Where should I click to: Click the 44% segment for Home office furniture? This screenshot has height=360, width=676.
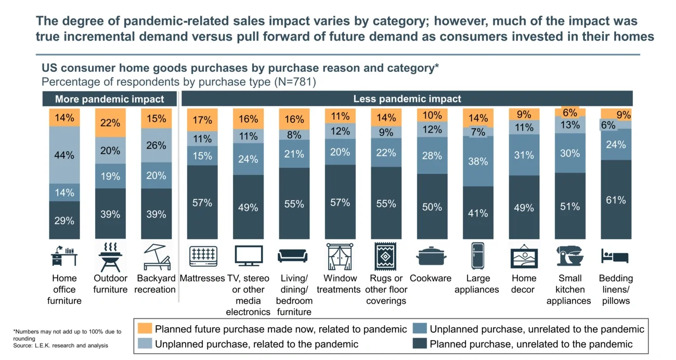pyautogui.click(x=64, y=155)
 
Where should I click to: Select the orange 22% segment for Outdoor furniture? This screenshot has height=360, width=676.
pyautogui.click(x=110, y=123)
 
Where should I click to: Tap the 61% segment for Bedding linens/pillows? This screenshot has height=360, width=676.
pyautogui.click(x=616, y=200)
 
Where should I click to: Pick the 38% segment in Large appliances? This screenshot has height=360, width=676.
pyautogui.click(x=478, y=161)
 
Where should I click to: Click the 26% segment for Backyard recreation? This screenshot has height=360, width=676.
pyautogui.click(x=156, y=145)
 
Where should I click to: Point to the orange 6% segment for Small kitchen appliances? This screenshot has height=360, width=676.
pyautogui.click(x=570, y=112)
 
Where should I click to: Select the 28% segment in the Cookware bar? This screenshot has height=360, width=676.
pyautogui.click(x=432, y=156)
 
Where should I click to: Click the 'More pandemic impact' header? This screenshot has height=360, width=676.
pyautogui.click(x=109, y=99)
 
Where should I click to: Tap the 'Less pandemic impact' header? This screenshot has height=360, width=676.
pyautogui.click(x=407, y=99)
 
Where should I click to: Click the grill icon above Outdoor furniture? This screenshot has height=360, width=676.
pyautogui.click(x=110, y=256)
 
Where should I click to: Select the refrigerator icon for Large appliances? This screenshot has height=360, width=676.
pyautogui.click(x=477, y=256)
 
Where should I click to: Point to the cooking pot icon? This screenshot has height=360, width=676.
pyautogui.click(x=431, y=256)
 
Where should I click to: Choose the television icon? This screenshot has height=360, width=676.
pyautogui.click(x=248, y=256)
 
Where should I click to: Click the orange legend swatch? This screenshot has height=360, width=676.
pyautogui.click(x=145, y=329)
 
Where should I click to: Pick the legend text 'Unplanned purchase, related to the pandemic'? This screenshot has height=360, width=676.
pyautogui.click(x=256, y=344)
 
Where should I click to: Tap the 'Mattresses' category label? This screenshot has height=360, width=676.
pyautogui.click(x=202, y=278)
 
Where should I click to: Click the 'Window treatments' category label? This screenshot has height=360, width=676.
pyautogui.click(x=339, y=284)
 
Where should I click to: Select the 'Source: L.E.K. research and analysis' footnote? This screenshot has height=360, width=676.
pyautogui.click(x=60, y=345)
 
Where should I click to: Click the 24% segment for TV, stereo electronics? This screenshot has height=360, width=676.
pyautogui.click(x=248, y=159)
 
